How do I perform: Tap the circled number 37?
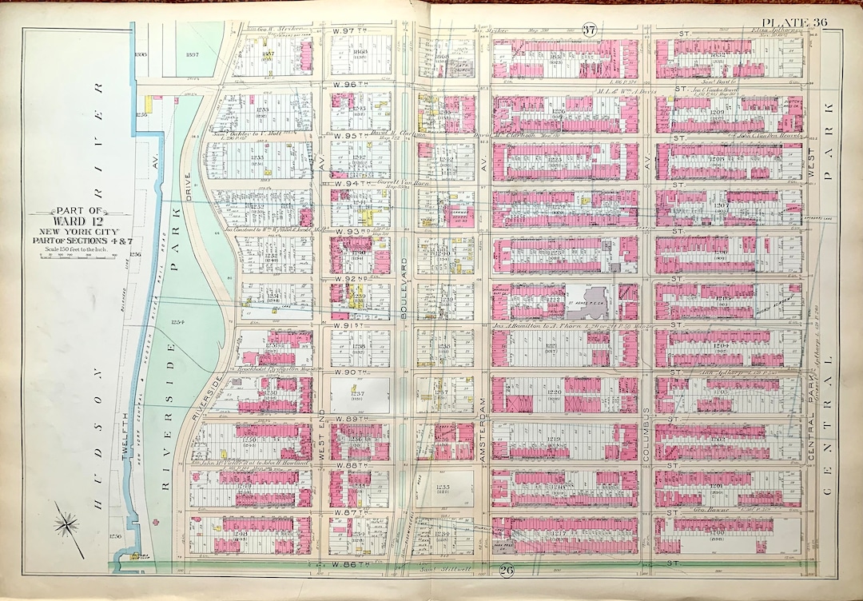coord(589,31)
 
